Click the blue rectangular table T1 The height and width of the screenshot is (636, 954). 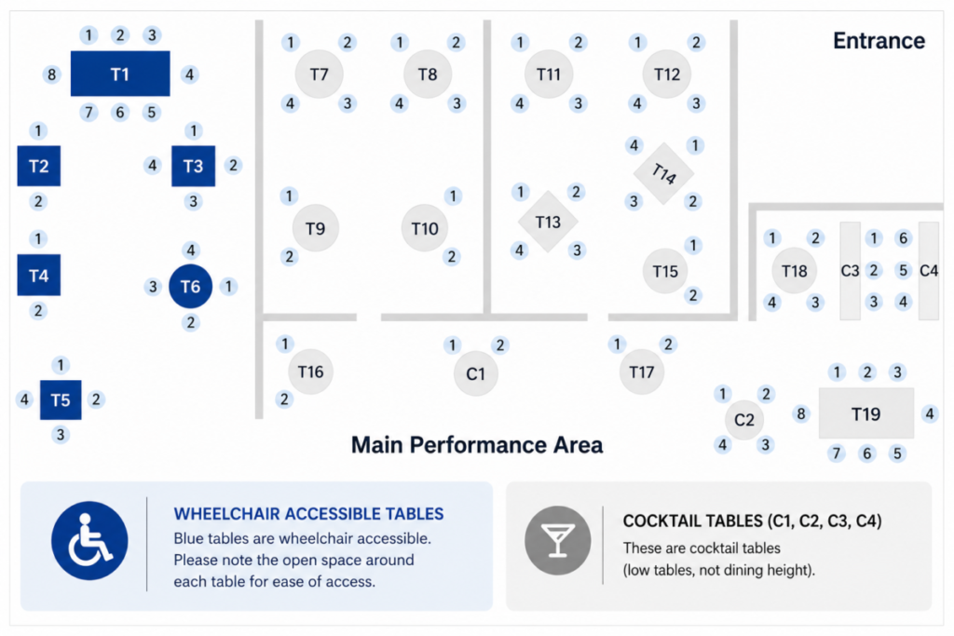coord(120,74)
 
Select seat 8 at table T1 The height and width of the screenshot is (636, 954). coord(52,74)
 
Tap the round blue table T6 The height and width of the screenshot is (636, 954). coord(190,286)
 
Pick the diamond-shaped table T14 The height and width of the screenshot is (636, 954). coord(663,173)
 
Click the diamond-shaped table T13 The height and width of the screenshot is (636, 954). coord(548,222)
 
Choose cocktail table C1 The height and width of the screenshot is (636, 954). coord(476,373)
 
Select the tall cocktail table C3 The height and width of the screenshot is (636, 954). coord(850,271)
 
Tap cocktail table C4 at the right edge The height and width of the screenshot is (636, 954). coord(929,271)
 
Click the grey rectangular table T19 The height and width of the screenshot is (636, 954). coord(865,413)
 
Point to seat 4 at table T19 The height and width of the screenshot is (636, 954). coord(930,414)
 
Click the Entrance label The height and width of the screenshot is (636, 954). coord(879,41)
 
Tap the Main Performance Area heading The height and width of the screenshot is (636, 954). coord(477,444)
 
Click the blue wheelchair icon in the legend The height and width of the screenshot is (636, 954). coord(89,540)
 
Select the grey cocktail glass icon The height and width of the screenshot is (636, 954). coord(558,540)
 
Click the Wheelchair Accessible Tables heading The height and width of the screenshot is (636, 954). coord(308,514)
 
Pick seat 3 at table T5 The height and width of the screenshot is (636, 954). coord(61,435)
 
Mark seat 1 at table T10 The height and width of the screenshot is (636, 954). coord(452,196)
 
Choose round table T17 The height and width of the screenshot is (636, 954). coord(641,372)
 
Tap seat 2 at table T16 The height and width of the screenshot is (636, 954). coord(284,399)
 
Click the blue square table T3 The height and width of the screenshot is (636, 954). coord(194,166)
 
